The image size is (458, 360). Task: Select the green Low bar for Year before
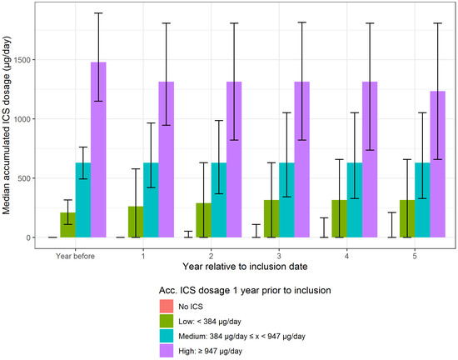67,225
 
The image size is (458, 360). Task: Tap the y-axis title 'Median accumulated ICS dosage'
7,125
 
